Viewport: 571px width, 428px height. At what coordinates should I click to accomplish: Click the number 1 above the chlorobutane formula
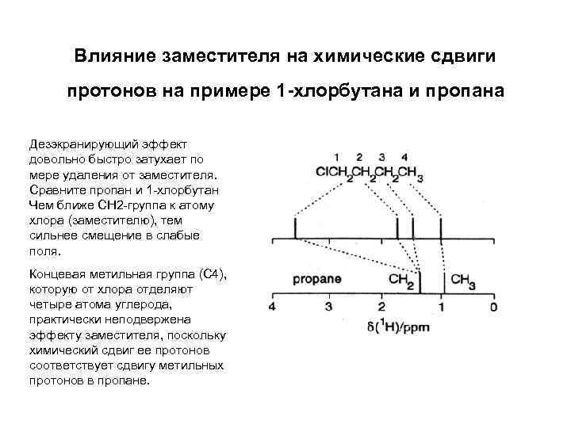pyautogui.click(x=337, y=156)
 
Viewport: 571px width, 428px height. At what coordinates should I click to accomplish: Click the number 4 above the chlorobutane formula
pyautogui.click(x=404, y=156)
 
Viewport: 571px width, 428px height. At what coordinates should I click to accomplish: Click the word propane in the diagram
pyautogui.click(x=316, y=279)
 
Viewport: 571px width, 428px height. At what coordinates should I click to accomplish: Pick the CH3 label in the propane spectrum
pyautogui.click(x=463, y=281)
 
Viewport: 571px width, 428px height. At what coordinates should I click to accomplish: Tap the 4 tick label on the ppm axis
pyautogui.click(x=272, y=306)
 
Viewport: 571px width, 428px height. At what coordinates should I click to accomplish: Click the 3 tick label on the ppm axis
pyautogui.click(x=328, y=306)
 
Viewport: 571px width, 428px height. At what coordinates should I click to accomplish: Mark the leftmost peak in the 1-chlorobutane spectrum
pyautogui.click(x=296, y=228)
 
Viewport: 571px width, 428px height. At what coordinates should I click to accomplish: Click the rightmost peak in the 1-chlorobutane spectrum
pyautogui.click(x=440, y=228)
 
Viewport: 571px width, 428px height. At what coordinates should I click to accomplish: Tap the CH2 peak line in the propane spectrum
pyautogui.click(x=420, y=282)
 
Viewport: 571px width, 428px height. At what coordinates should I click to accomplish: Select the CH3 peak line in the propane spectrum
pyautogui.click(x=442, y=282)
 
